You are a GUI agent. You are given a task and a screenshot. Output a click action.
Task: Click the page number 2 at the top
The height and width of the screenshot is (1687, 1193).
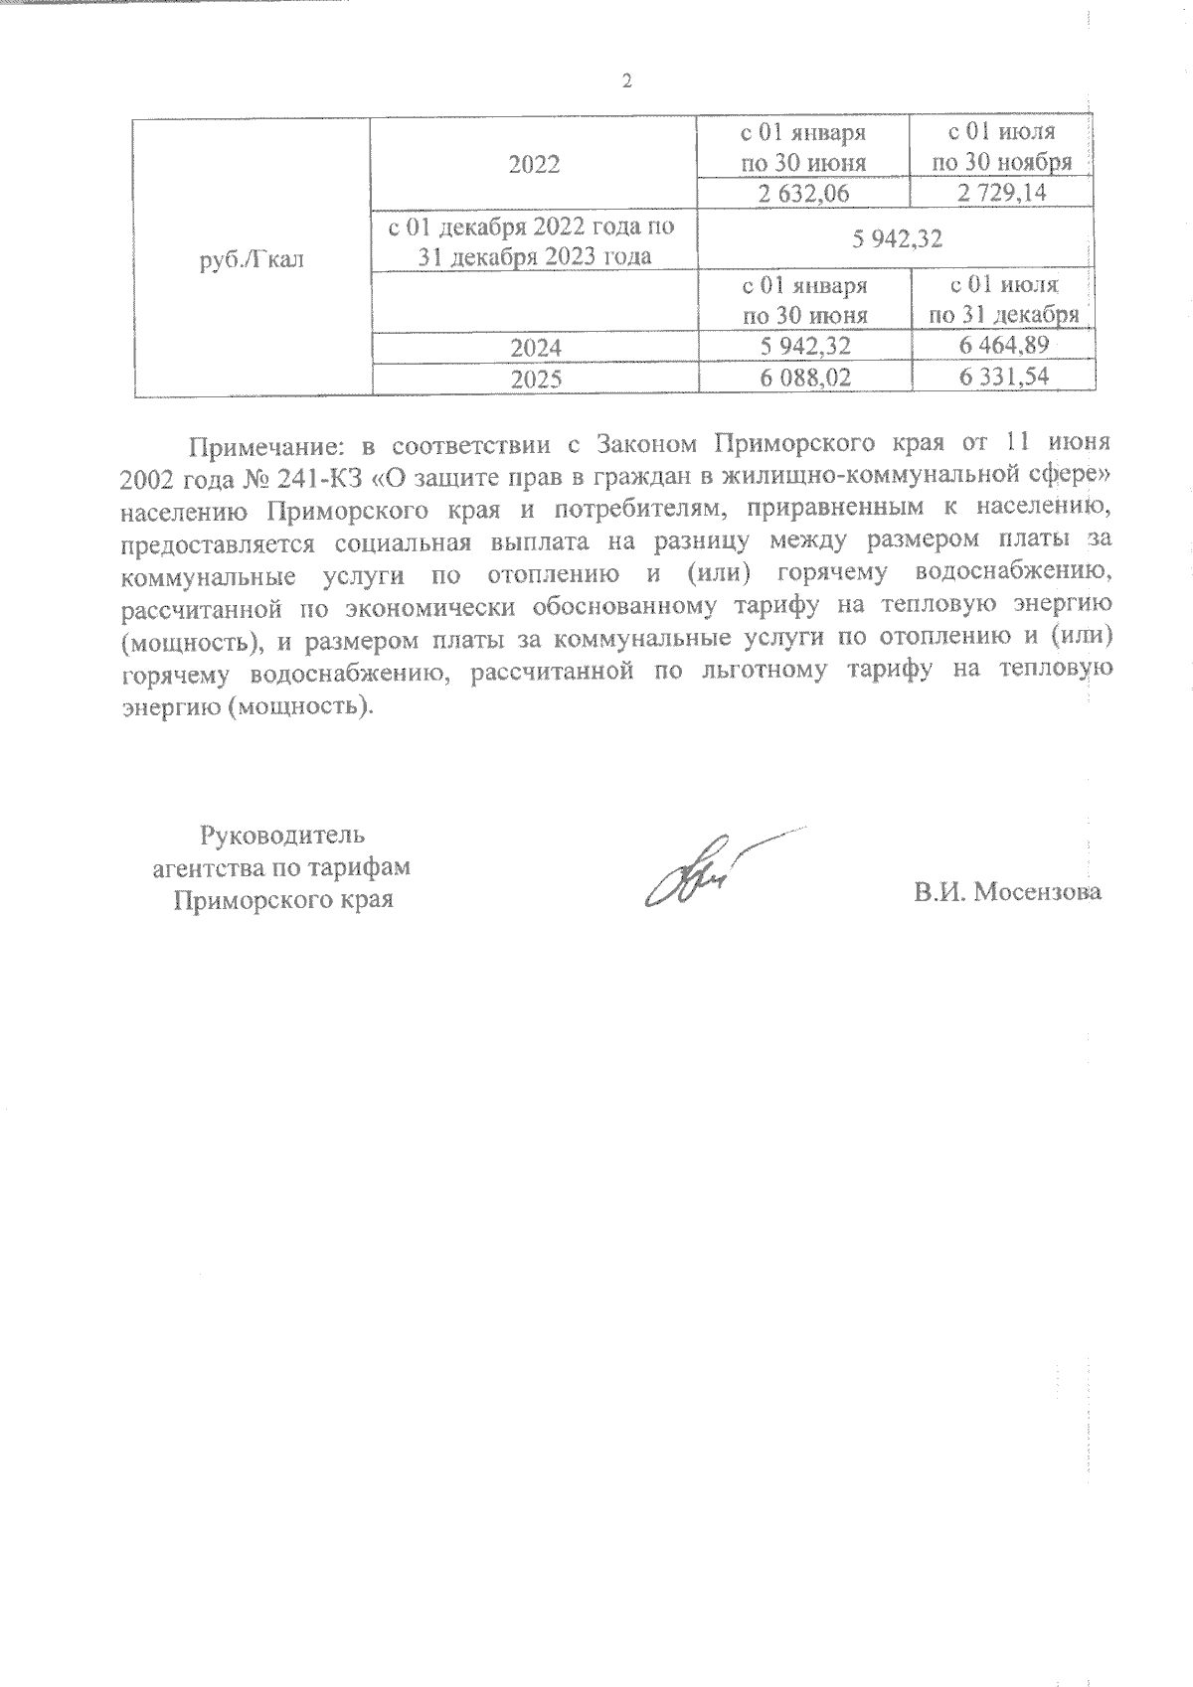click(x=626, y=81)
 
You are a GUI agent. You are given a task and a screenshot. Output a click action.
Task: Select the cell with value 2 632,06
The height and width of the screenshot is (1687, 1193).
click(x=804, y=194)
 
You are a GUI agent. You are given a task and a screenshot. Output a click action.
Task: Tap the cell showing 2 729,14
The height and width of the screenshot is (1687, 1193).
click(x=1002, y=194)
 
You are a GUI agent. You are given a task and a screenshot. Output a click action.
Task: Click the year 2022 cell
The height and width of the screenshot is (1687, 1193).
click(x=535, y=164)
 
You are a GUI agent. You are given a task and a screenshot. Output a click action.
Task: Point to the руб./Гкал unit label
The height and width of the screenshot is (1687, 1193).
click(x=253, y=260)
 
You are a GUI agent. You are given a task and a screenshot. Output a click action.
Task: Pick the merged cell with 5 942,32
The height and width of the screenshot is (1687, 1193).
click(x=896, y=239)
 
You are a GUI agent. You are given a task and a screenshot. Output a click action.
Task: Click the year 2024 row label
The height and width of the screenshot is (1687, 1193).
click(x=535, y=348)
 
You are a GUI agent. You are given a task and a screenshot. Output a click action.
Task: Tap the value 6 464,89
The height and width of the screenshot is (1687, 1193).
click(x=1002, y=347)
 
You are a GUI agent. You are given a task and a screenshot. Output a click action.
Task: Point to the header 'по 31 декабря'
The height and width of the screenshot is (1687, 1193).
click(x=1002, y=316)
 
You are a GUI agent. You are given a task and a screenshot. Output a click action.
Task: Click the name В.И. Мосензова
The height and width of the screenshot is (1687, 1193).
click(x=1008, y=892)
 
